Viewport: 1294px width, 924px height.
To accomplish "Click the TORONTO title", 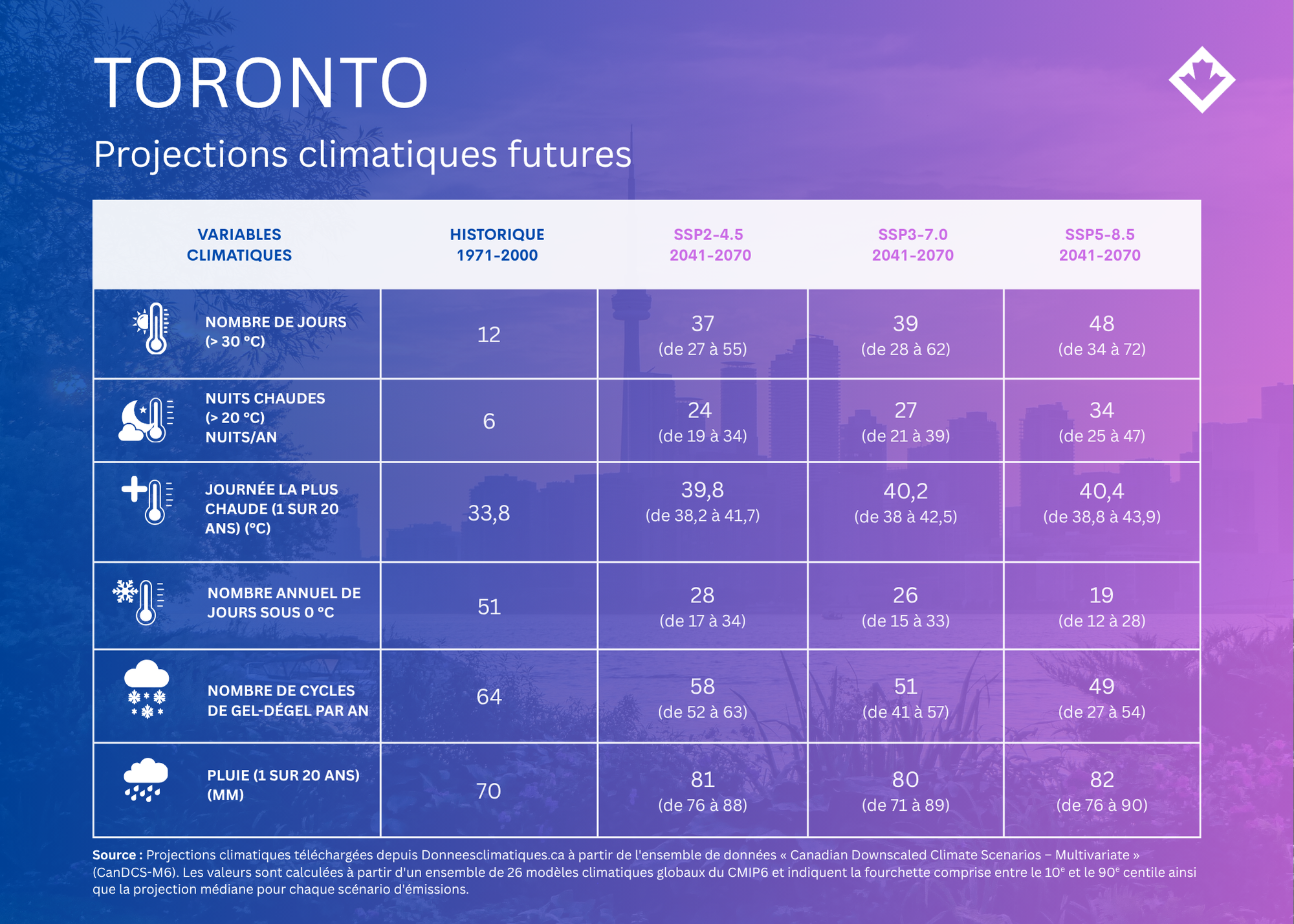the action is pos(261,83).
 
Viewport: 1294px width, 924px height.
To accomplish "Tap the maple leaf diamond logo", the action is pos(1201,80).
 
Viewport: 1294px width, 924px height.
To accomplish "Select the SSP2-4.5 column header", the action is pos(710,245).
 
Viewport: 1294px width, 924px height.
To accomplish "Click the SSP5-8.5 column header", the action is pos(1099,245).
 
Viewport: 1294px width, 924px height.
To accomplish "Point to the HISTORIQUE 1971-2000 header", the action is pos(497,245).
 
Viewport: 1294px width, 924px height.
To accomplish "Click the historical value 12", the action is pos(488,335).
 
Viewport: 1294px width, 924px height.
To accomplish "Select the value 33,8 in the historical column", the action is pos(488,513).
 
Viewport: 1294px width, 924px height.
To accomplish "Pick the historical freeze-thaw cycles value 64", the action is pos(488,696).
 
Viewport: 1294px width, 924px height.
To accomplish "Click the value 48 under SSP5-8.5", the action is pos(1101,323).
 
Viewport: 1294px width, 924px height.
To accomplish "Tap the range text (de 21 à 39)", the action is pos(905,435).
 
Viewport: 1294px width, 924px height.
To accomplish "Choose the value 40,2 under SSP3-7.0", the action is pos(905,491).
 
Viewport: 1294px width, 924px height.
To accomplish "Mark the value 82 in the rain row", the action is pos(1101,779).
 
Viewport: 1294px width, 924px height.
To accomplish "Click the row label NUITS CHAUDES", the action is pos(265,398).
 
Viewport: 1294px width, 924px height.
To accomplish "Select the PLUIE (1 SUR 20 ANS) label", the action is pos(283,775).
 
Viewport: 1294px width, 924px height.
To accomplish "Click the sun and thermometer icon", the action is pos(151,328).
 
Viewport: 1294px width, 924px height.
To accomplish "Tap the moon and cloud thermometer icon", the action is pos(146,420).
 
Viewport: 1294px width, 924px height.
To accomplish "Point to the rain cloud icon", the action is pos(146,780).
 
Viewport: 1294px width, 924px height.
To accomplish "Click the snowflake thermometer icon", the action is pos(138,602).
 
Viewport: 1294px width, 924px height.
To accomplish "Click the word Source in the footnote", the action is pos(114,855).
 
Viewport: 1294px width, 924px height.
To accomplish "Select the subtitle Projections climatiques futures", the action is pos(362,155).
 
